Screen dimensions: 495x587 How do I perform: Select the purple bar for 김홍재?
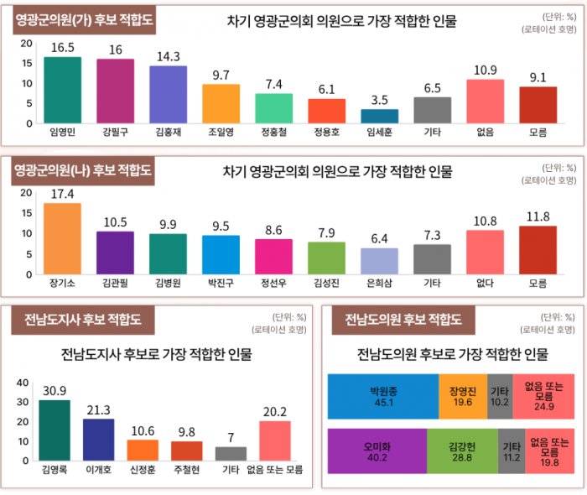(168, 93)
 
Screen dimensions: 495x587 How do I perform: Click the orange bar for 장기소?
(62, 238)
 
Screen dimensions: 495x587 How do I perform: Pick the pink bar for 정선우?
(273, 256)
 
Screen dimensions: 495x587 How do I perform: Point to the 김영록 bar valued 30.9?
(55, 430)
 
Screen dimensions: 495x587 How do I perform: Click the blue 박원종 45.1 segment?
(382, 395)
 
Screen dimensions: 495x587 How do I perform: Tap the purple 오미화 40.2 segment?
(377, 451)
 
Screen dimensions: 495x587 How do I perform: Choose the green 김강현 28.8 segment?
(462, 451)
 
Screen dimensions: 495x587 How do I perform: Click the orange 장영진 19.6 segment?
(462, 395)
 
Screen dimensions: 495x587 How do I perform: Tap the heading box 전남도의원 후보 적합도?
(403, 319)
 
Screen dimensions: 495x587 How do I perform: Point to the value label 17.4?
(62, 194)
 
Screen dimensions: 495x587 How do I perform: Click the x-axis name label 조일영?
(221, 132)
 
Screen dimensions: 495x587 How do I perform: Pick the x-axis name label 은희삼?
(380, 283)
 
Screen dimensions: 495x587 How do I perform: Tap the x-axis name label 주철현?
(186, 470)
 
